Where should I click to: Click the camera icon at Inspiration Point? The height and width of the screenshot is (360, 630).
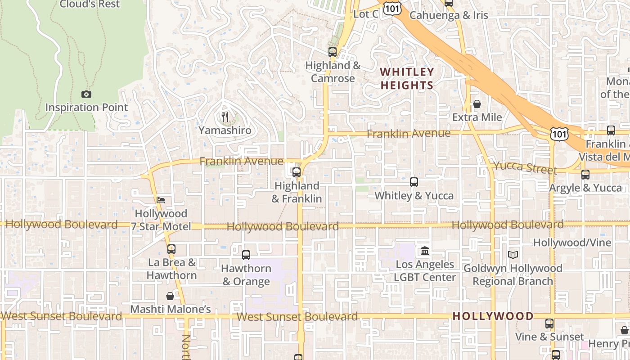tap(86, 94)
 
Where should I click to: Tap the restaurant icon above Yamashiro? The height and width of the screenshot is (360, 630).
tap(225, 117)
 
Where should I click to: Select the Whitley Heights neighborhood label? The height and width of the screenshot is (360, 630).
tap(407, 78)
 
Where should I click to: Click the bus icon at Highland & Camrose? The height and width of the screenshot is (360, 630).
tap(333, 52)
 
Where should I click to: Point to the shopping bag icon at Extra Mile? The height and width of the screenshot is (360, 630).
tap(477, 104)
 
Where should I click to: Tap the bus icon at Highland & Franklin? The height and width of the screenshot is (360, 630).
tap(297, 172)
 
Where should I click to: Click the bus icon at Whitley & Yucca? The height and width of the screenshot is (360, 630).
tap(414, 182)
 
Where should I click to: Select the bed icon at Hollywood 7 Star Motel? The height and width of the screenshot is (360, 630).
tap(161, 200)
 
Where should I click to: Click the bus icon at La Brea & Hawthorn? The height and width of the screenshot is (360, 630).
tap(171, 249)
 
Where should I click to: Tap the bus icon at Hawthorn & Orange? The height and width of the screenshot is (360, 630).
tap(246, 255)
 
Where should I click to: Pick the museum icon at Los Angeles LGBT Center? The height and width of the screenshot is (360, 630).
tap(425, 251)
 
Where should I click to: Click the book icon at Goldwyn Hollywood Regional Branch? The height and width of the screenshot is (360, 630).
tap(513, 255)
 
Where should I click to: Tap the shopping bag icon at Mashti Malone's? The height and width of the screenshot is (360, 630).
tap(170, 296)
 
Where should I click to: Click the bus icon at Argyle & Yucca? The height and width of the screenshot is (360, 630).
tap(585, 175)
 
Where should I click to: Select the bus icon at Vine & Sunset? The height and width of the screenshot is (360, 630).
tap(549, 324)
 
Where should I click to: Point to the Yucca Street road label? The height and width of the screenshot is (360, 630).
tap(525, 167)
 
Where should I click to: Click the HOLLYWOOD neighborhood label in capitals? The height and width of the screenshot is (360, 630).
tap(493, 316)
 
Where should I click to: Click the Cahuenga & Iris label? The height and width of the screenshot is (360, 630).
tap(449, 15)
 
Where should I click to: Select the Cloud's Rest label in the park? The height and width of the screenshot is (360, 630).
tap(90, 4)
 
